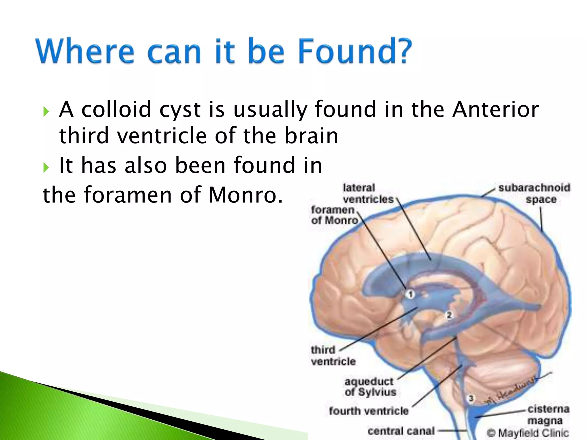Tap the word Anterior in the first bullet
coord(495,109)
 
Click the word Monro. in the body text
coord(246,195)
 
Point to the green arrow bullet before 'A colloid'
coord(46,111)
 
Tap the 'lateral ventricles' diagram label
coord(368,194)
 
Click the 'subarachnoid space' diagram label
coord(534,194)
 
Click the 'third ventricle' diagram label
coord(333,355)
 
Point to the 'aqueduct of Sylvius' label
coord(370,387)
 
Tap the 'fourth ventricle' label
coord(369,411)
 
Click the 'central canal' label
coord(401,431)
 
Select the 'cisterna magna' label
coord(548,415)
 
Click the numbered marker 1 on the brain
coord(410,294)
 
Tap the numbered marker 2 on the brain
coord(449,315)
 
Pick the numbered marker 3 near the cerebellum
coord(471,398)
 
